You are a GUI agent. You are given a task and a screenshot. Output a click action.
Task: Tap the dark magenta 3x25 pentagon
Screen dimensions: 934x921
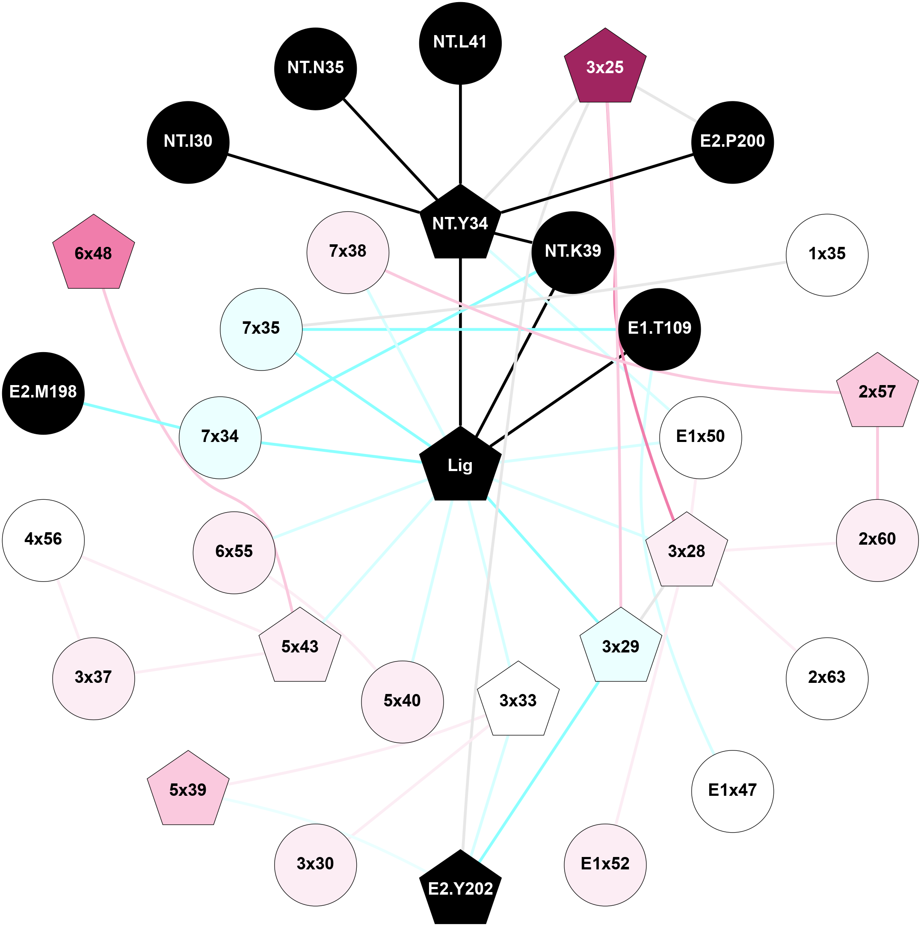[x=605, y=68]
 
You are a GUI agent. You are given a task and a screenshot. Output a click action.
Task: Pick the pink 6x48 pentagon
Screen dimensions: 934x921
[x=93, y=254]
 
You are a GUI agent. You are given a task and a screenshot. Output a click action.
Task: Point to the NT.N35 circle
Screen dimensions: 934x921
[x=315, y=68]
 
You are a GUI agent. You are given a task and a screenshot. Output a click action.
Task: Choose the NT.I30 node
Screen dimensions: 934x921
[x=188, y=142]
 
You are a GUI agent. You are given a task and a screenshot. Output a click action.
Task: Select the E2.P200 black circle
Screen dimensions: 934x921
[x=732, y=142]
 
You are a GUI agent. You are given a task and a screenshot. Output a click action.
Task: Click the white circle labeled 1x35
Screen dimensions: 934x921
[x=827, y=255]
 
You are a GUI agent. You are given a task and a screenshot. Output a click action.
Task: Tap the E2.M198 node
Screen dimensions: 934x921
[x=43, y=392]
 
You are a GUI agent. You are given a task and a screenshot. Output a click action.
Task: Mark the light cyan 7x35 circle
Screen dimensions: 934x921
[x=261, y=329]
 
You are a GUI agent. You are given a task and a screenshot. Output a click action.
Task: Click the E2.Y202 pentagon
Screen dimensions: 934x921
[x=460, y=889]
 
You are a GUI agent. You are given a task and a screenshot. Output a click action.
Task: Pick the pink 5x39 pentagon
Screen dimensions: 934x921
[x=188, y=790]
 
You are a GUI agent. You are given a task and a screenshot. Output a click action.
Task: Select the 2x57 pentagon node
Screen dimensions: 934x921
[x=877, y=392]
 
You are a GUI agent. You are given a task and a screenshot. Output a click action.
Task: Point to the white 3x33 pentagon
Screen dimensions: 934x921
[x=518, y=700]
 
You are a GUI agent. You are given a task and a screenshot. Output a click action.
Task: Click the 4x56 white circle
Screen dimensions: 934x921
[x=43, y=540]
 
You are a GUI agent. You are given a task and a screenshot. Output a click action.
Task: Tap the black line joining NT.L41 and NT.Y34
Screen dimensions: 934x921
[x=460, y=135]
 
